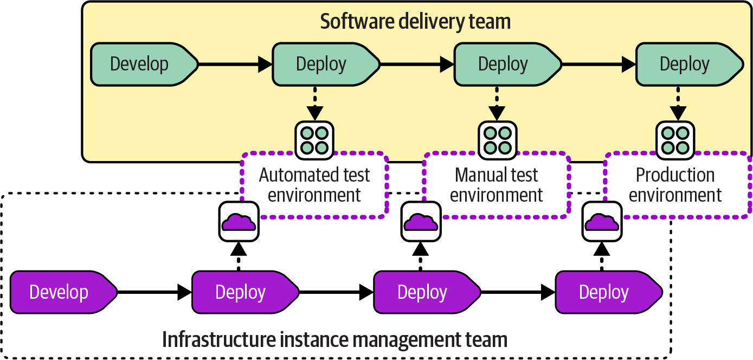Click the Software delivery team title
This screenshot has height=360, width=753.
[x=415, y=22]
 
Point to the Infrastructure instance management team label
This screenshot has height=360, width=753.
[x=335, y=340]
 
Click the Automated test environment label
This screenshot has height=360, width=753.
[x=314, y=185]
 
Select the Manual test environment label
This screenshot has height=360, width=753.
[x=497, y=185]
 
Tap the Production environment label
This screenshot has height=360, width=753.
[x=675, y=185]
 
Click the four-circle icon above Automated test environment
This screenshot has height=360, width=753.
[x=314, y=140]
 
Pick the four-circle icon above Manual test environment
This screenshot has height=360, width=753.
[x=497, y=140]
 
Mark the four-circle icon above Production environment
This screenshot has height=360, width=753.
[x=675, y=140]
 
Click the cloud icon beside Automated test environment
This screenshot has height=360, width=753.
[x=239, y=222]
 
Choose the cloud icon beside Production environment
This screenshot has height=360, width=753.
[x=602, y=222]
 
